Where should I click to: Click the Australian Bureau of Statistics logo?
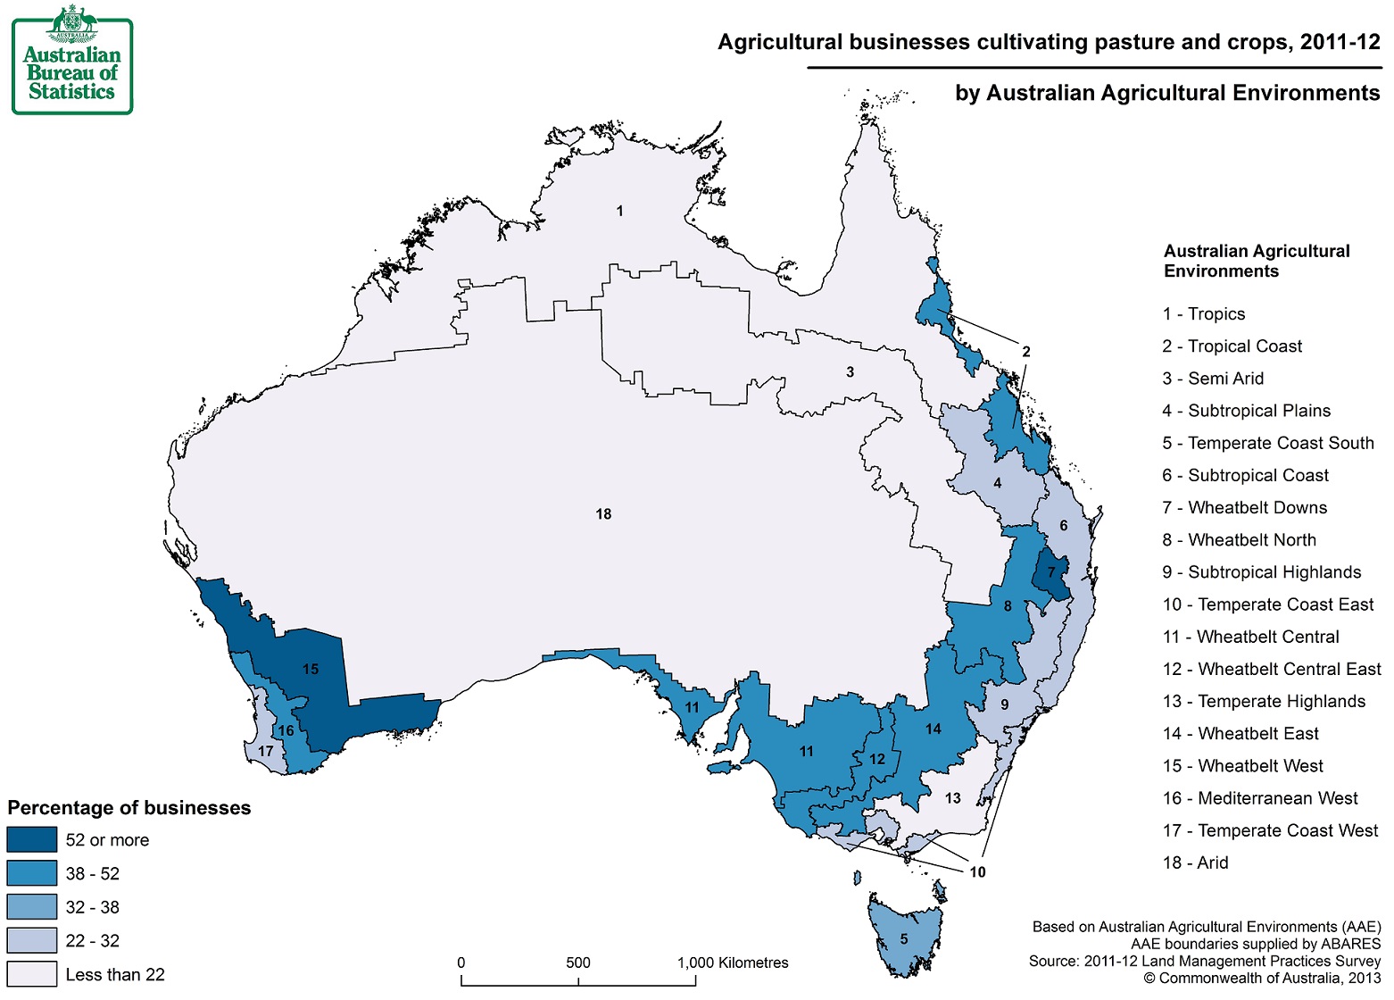(72, 60)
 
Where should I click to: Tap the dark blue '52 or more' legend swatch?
(32, 840)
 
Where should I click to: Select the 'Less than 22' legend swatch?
(32, 974)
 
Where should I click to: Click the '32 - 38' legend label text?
(92, 907)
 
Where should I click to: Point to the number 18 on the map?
(603, 514)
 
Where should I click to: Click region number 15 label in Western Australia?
(311, 669)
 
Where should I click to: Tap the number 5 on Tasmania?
(904, 938)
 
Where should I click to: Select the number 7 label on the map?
(1051, 572)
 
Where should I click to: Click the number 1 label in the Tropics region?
(619, 212)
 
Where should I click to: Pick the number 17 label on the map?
(265, 751)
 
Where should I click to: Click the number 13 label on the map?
(953, 798)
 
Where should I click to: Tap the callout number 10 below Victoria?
(977, 871)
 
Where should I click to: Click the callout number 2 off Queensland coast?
(1025, 352)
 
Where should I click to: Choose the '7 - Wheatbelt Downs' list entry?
(1245, 508)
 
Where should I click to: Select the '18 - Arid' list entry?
(1195, 862)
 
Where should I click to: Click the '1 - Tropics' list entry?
(1203, 314)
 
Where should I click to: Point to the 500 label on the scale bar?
(578, 962)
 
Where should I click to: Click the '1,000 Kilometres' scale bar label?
(733, 962)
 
